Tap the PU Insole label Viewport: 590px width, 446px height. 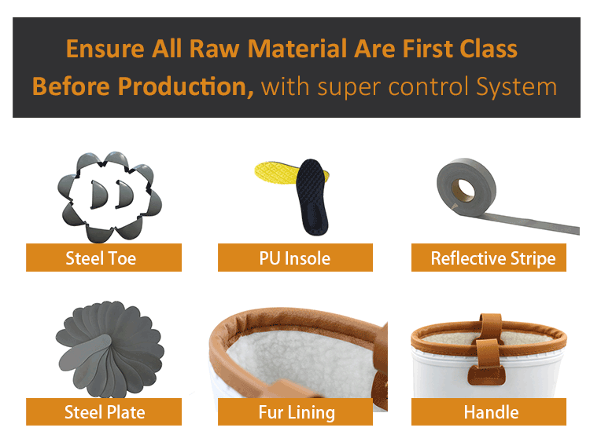(x=295, y=258)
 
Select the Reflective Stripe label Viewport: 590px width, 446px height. (x=492, y=258)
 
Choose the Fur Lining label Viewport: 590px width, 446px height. (x=296, y=411)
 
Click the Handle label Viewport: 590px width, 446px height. (x=490, y=411)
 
